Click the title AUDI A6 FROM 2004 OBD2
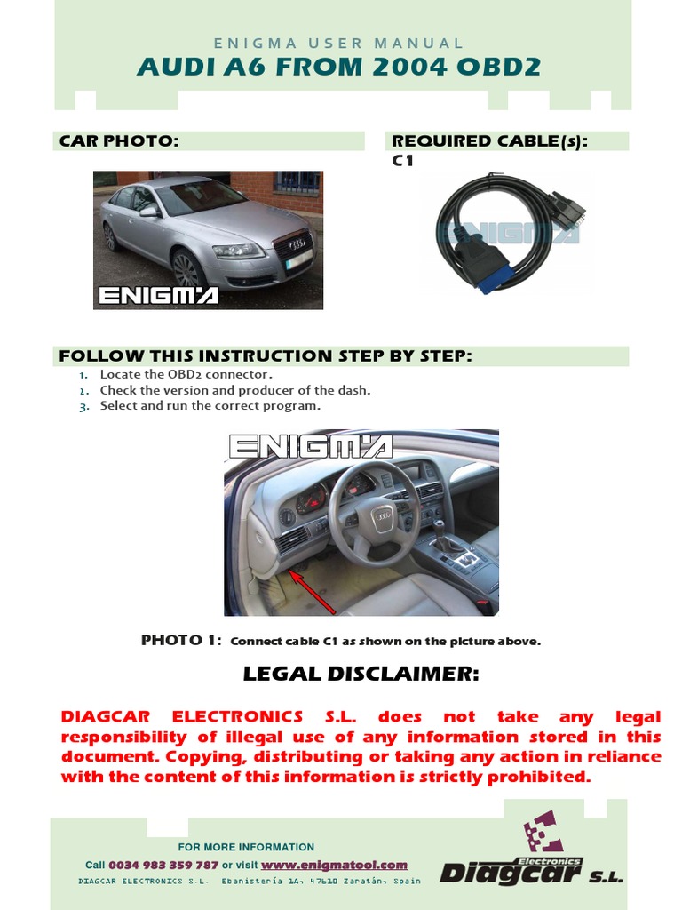(338, 67)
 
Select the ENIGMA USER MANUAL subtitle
(340, 43)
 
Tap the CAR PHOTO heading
(119, 141)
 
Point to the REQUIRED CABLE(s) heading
(490, 141)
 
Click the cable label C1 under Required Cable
(402, 161)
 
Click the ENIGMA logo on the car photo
(158, 295)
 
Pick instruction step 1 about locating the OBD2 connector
(186, 375)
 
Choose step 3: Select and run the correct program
(210, 405)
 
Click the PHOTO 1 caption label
(181, 640)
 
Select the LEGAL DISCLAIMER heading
(361, 675)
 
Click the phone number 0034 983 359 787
(163, 865)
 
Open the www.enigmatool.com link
(334, 865)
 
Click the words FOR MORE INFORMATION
(246, 847)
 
